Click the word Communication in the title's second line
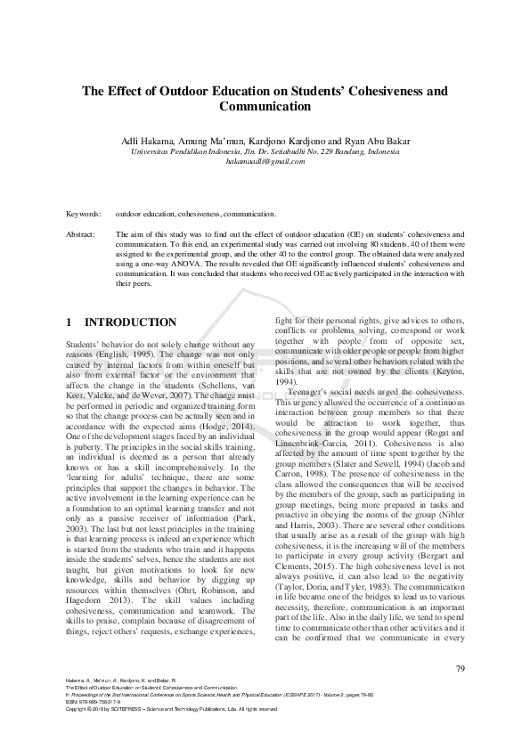click(265, 107)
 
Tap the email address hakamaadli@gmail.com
click(265, 161)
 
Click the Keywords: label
click(84, 214)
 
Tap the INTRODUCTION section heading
click(130, 322)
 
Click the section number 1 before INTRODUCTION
click(69, 322)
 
